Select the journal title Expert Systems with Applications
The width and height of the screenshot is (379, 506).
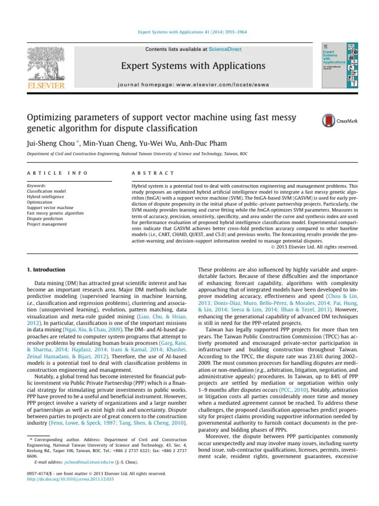[193, 66]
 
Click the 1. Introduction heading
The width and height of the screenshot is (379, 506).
[45, 270]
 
